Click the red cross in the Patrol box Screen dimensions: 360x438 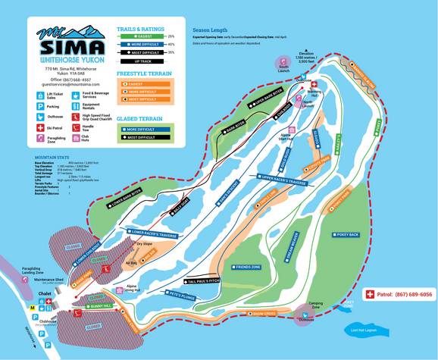coord(371,294)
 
